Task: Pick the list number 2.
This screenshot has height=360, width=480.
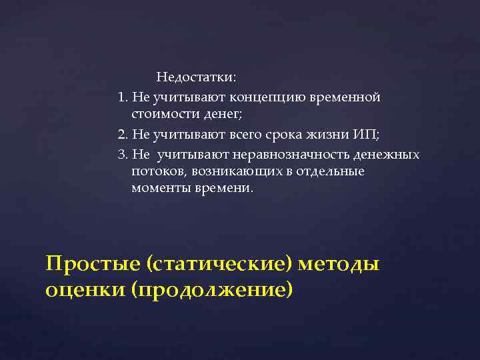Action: [121, 135]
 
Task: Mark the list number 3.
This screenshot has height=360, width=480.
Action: [121, 155]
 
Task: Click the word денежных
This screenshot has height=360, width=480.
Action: [387, 155]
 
